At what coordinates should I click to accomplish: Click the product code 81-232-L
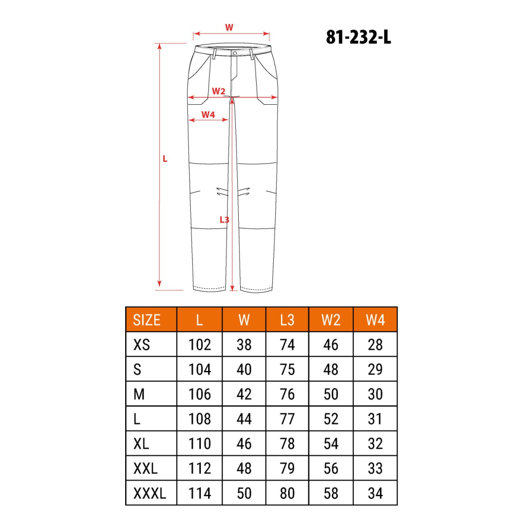point(358,37)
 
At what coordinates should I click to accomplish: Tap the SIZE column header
point(147,320)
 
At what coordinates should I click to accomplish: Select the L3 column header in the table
point(287,320)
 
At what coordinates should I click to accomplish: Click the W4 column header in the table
point(375,320)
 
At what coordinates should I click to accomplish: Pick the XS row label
point(142,344)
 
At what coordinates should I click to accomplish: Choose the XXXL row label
point(150,493)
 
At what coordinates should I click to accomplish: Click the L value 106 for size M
point(199,394)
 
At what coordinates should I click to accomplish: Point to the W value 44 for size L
point(244,419)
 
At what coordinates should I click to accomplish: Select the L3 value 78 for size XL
point(287,443)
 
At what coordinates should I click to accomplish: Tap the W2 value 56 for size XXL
point(331,468)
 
